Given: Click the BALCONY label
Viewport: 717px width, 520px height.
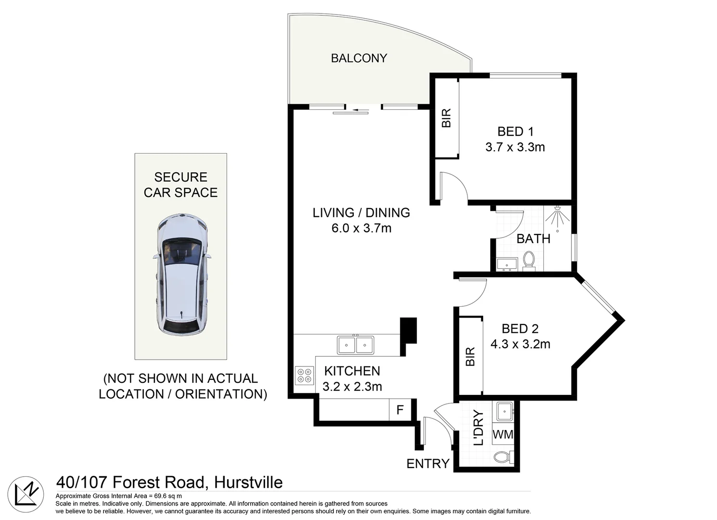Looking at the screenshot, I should tap(359, 58).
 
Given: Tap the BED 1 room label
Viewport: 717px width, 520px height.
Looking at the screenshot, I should tap(515, 131).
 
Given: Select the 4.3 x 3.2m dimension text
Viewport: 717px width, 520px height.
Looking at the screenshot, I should tap(520, 344).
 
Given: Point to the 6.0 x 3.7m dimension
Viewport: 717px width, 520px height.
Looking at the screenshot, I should tap(361, 228).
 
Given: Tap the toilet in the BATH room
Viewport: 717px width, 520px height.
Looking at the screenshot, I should tap(529, 260).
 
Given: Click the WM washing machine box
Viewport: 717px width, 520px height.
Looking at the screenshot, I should tap(503, 435).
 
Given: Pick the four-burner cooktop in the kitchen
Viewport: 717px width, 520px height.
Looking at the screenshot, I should tap(304, 376).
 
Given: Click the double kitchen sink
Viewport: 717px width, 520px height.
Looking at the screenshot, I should tap(356, 345).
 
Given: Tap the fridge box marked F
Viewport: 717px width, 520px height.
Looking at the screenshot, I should tap(400, 410).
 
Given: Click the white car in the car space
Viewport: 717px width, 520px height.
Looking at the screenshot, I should tap(181, 274).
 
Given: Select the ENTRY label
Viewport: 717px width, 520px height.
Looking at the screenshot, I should tap(428, 464).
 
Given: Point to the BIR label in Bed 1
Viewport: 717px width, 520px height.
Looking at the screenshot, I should tap(447, 118).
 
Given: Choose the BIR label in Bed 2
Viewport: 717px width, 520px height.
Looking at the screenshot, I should tap(470, 357).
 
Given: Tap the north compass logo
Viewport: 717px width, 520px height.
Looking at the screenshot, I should tap(26, 494).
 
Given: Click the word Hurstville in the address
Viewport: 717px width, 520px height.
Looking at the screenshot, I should tap(248, 482).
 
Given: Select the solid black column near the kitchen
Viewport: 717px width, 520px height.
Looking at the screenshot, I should tap(408, 330).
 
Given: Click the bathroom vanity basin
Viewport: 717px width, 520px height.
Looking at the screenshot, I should tap(506, 264).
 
